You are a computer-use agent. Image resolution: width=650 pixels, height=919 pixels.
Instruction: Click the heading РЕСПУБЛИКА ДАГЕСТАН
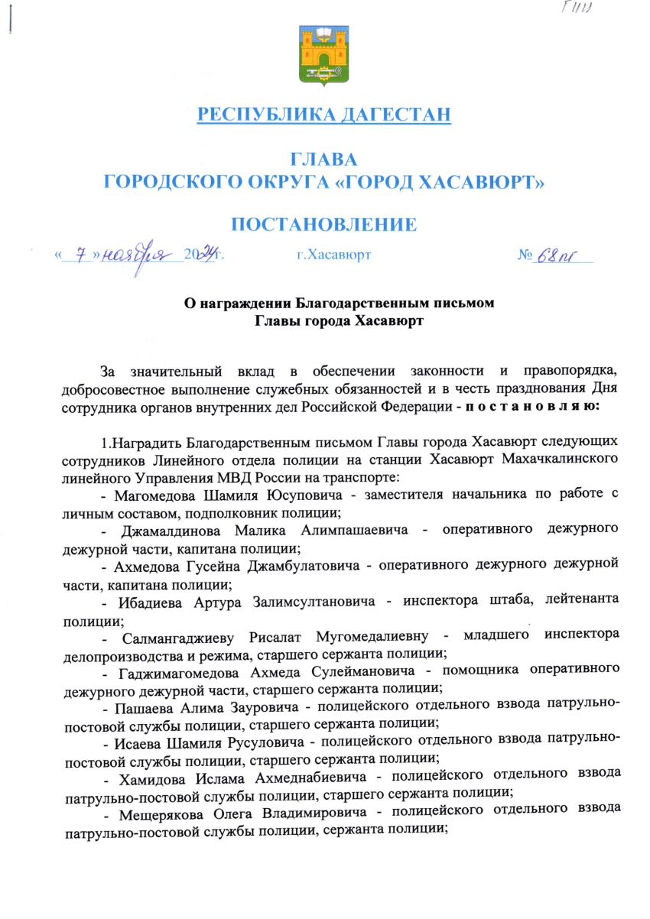tap(324, 115)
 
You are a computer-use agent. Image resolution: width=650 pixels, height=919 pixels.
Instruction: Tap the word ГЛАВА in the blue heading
tap(324, 160)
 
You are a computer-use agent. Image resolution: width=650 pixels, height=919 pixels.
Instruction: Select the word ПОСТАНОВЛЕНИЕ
tap(324, 224)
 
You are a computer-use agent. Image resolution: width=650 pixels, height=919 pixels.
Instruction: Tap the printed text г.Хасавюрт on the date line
tap(333, 255)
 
